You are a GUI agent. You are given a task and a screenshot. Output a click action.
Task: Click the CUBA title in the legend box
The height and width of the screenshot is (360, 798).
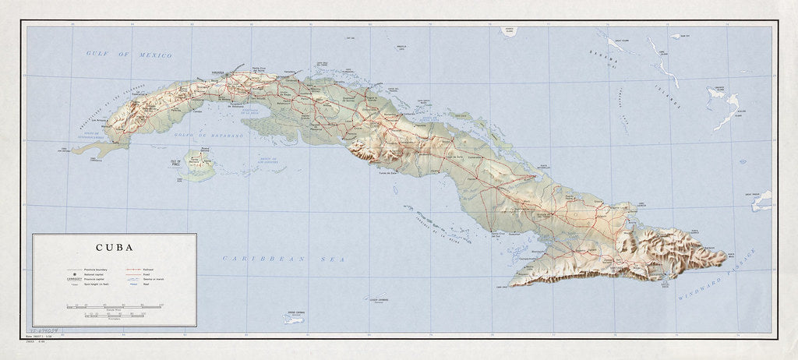pyautogui.click(x=112, y=249)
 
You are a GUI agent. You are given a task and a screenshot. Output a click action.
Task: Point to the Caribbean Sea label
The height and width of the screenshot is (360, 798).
pyautogui.click(x=266, y=259)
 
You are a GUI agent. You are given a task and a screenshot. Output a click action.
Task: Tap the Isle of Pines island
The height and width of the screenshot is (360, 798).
pyautogui.click(x=199, y=164)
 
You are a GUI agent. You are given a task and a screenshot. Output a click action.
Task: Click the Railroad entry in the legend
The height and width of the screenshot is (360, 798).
pyautogui.click(x=148, y=269)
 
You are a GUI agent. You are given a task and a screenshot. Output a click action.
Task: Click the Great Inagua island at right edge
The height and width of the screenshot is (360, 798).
pyautogui.click(x=761, y=200)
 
